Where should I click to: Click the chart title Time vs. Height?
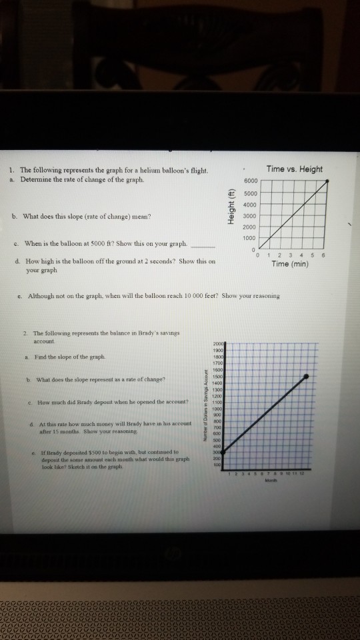point(293,169)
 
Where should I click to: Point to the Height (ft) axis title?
point(233,206)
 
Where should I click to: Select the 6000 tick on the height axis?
point(250,181)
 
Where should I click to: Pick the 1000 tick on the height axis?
point(250,238)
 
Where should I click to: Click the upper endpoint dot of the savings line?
point(306,377)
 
